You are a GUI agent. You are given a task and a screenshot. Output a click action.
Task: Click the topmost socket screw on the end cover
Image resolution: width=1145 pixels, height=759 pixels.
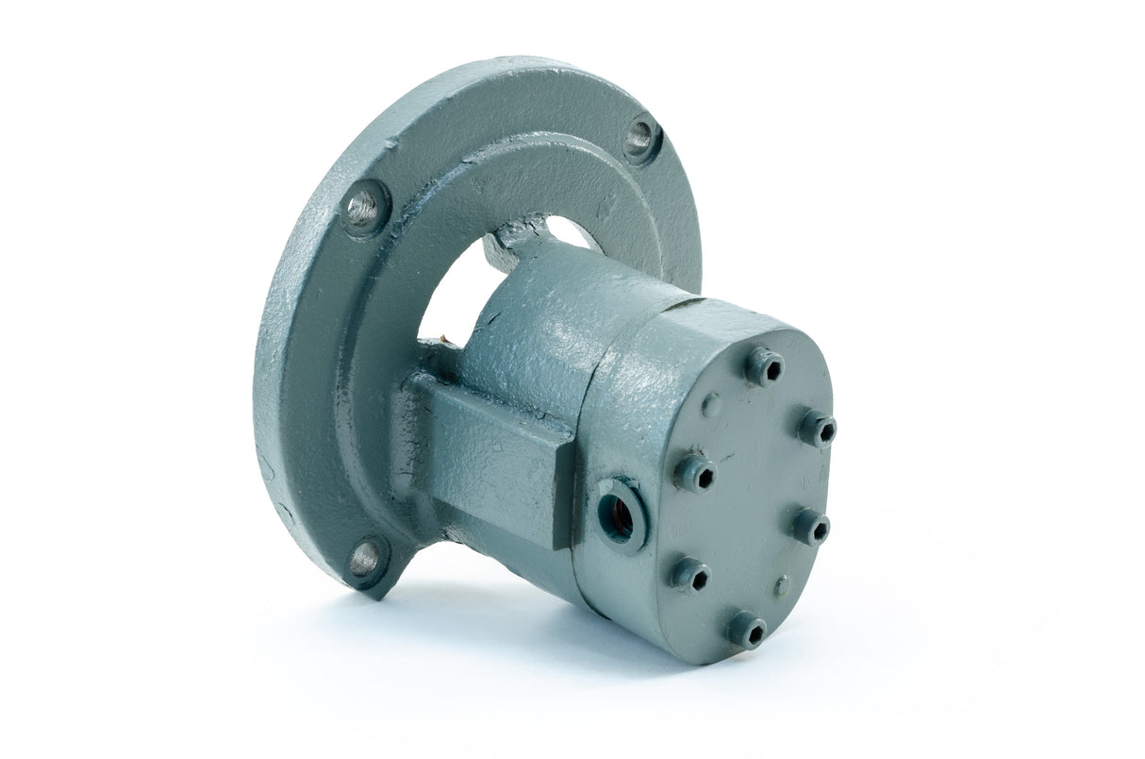[764, 366]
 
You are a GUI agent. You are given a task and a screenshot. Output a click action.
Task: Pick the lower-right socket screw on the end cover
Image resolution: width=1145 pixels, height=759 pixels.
[811, 526]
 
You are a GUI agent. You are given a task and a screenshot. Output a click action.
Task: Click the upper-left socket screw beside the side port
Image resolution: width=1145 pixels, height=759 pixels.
[695, 472]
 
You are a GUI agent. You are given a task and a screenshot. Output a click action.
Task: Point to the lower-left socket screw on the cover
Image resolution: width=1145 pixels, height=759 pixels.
[690, 575]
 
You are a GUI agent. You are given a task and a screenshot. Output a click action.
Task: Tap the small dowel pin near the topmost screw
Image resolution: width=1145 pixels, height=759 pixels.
[711, 405]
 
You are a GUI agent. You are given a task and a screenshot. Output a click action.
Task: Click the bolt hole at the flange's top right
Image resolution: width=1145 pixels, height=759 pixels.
[641, 138]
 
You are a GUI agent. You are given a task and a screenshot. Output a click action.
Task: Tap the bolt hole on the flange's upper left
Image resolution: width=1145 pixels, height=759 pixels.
[365, 207]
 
